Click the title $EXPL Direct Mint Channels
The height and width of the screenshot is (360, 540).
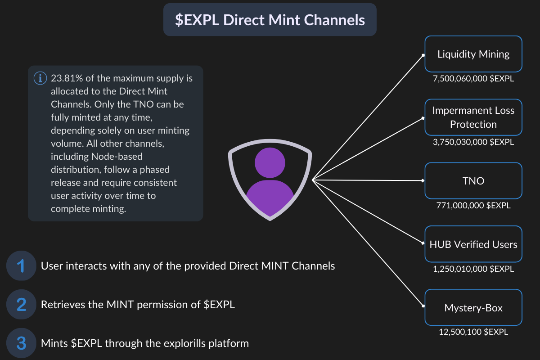pos(270,20)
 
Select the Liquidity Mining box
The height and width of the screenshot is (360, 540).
pos(473,54)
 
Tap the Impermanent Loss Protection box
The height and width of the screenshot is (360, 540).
pos(473,117)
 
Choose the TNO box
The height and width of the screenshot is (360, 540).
pos(473,181)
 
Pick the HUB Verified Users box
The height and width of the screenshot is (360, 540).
pos(473,244)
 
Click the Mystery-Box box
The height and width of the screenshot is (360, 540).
pos(473,308)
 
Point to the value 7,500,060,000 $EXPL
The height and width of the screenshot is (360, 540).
pos(473,79)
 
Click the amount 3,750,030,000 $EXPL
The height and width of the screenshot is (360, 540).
pos(473,142)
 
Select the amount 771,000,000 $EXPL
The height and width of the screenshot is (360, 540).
pos(473,206)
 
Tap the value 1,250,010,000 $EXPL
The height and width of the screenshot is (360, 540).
pos(473,269)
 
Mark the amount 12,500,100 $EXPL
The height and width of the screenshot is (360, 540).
pos(473,332)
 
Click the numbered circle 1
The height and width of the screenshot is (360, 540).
pos(21,266)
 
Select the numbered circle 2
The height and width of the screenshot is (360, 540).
pos(21,305)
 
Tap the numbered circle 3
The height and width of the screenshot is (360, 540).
pos(21,343)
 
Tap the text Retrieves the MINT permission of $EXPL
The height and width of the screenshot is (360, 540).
pos(138,305)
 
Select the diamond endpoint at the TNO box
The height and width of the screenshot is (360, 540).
pos(423,181)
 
